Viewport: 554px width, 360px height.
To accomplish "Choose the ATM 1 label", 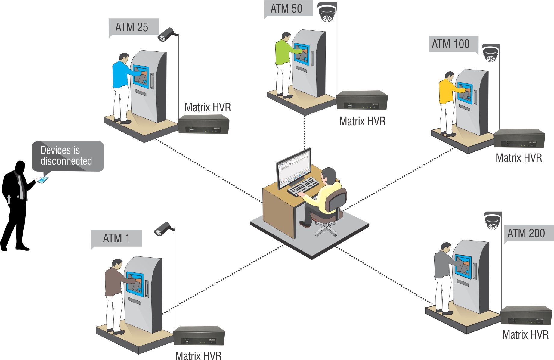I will [x=116, y=238].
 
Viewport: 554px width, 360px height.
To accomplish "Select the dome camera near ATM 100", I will [x=491, y=53].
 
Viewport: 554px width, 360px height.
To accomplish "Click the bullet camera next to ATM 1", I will [x=163, y=229].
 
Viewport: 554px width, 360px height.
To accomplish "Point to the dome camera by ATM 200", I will [x=492, y=221].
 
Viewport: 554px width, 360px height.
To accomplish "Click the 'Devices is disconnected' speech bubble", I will [x=68, y=156].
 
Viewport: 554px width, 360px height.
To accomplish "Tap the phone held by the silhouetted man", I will [x=43, y=180].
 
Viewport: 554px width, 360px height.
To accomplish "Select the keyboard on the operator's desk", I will [x=303, y=186].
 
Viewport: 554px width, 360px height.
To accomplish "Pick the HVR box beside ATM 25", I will [x=203, y=124].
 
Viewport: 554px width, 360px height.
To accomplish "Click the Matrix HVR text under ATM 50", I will [x=362, y=121].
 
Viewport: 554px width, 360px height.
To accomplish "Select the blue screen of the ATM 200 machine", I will [x=463, y=265].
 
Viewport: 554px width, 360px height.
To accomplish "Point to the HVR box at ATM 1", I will [x=199, y=336].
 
